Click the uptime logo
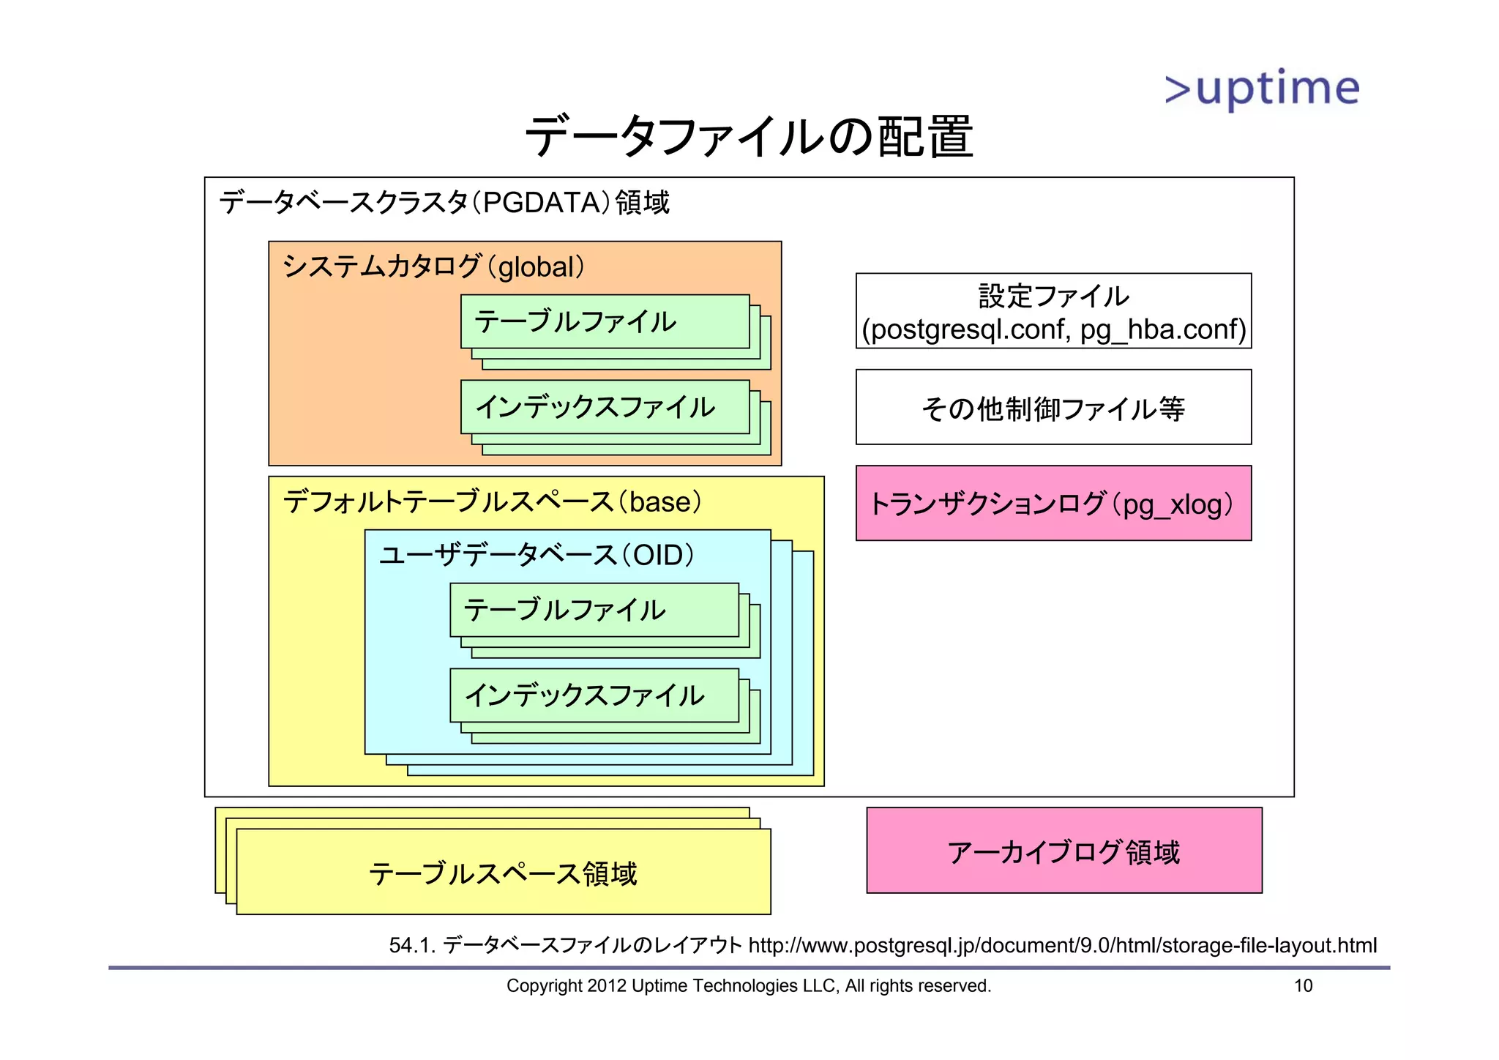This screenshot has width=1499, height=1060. pyautogui.click(x=1262, y=89)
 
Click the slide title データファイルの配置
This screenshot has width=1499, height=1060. pyautogui.click(x=749, y=137)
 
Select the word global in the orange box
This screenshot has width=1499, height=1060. pyautogui.click(x=535, y=267)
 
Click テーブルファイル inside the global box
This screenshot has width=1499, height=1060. pyautogui.click(x=575, y=322)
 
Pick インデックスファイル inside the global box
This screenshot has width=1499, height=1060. pyautogui.click(x=594, y=407)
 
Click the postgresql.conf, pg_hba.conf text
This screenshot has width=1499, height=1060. pyautogui.click(x=1053, y=329)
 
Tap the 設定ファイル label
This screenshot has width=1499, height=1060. pyautogui.click(x=1053, y=296)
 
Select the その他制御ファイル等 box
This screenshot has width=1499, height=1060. pyautogui.click(x=1053, y=408)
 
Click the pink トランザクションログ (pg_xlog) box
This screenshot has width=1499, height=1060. pyautogui.click(x=1053, y=504)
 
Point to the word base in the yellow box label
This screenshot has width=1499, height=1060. pyautogui.click(x=660, y=502)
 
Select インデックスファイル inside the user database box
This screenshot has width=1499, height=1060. pyautogui.click(x=584, y=695)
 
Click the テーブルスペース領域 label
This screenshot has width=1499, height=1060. pyautogui.click(x=503, y=874)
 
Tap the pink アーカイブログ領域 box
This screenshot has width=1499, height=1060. pyautogui.click(x=1063, y=851)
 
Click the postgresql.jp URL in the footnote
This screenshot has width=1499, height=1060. pyautogui.click(x=1062, y=945)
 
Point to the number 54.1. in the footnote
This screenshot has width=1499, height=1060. pyautogui.click(x=412, y=946)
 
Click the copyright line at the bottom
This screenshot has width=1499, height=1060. pyautogui.click(x=748, y=986)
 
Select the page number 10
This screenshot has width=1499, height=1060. pyautogui.click(x=1303, y=986)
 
